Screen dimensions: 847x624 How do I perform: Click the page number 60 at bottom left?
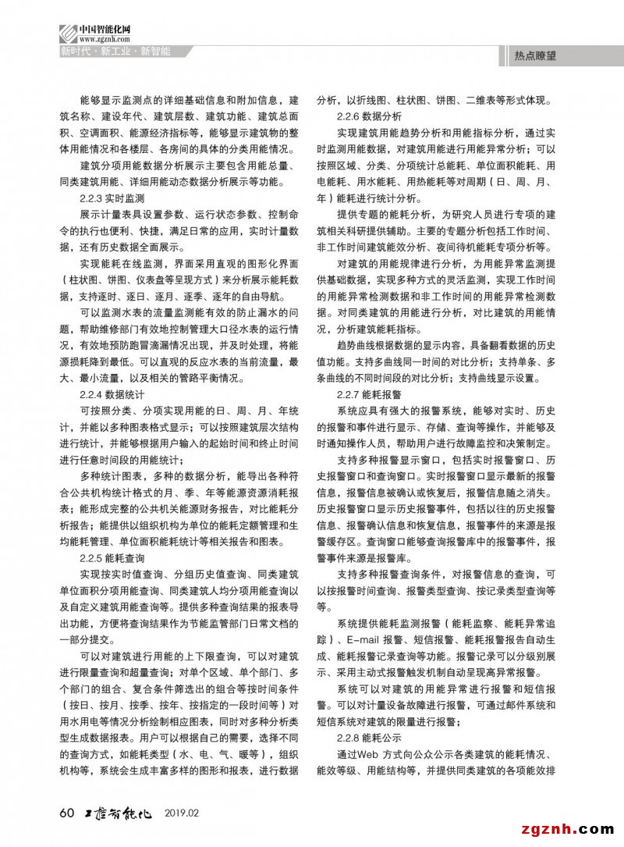[66, 812]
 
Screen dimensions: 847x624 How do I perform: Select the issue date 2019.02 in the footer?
[183, 813]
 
